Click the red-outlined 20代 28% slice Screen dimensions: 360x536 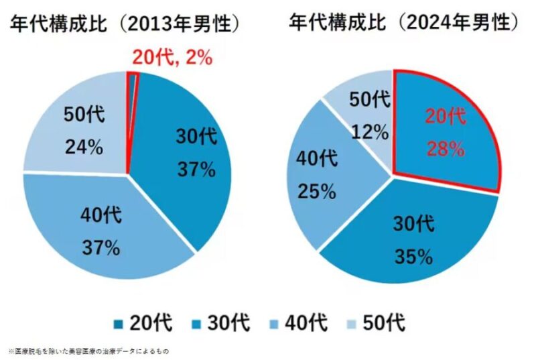[x=446, y=131]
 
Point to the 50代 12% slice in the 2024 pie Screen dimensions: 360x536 [x=365, y=114]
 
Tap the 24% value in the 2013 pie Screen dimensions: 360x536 [x=84, y=147]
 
